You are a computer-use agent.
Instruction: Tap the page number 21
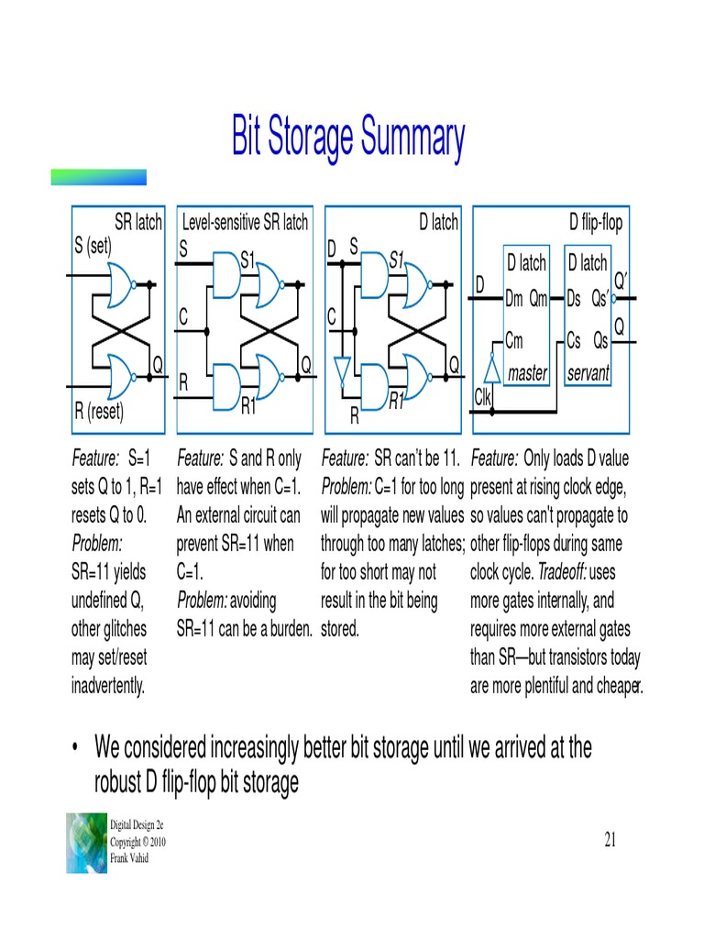[613, 839]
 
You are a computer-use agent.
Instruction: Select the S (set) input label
[100, 245]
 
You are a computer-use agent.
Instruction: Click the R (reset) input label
[99, 411]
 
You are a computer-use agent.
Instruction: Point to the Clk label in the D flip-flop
[484, 396]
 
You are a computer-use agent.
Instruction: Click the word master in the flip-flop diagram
[527, 373]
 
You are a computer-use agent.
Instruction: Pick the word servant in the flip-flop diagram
[588, 373]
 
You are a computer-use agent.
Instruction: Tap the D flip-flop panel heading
[595, 222]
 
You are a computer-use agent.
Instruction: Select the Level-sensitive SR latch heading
[245, 222]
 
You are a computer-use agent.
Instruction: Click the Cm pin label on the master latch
[514, 341]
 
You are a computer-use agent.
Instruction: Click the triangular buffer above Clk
[492, 369]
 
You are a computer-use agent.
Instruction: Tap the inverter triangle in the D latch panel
[342, 372]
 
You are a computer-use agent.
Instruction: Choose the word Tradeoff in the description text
[562, 572]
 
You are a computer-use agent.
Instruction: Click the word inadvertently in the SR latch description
[108, 686]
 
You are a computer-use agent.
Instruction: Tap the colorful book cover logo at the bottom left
[86, 842]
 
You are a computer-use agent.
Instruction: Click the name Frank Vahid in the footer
[129, 858]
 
